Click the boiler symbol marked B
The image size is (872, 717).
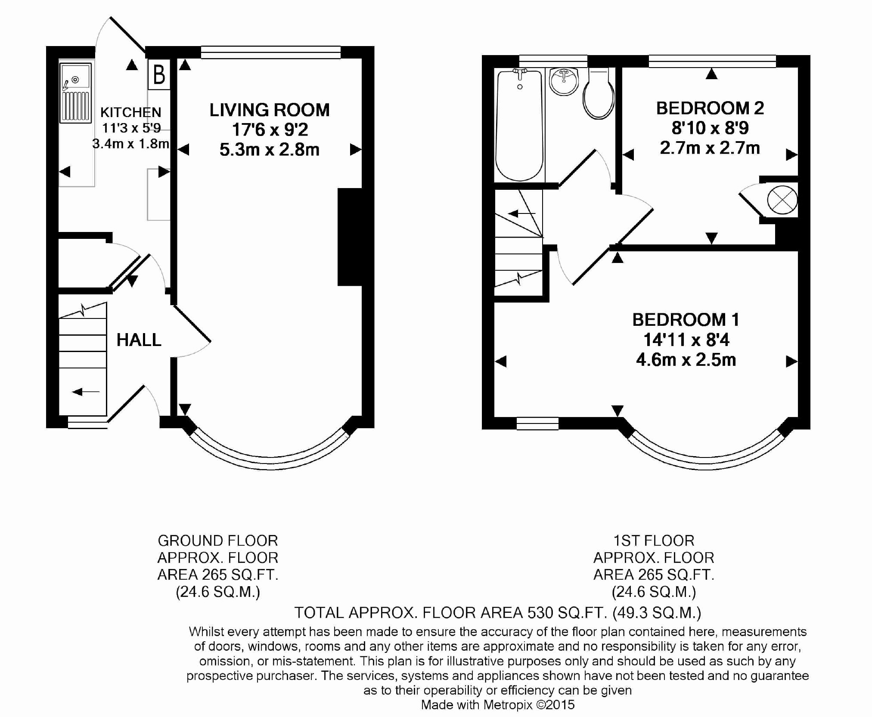pos(159,74)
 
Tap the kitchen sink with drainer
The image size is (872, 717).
pos(76,93)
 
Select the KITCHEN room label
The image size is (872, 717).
pos(131,112)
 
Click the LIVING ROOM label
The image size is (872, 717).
pos(270,110)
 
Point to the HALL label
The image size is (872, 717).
pos(139,340)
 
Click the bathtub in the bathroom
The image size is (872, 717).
pos(519,125)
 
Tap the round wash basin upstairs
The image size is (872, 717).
pos(564,81)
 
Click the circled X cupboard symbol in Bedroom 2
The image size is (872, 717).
pos(782,200)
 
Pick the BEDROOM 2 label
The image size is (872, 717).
pos(710,108)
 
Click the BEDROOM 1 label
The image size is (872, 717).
pos(686,320)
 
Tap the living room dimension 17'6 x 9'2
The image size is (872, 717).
pos(270,130)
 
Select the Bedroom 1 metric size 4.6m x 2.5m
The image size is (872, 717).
pos(686,360)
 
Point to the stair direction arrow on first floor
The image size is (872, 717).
pos(521,213)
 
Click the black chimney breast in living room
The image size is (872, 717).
pos(349,237)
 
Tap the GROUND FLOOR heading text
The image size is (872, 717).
pos(218,541)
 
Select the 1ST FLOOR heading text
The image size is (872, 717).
pos(654,541)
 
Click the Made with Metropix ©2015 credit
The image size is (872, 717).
pos(498,705)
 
